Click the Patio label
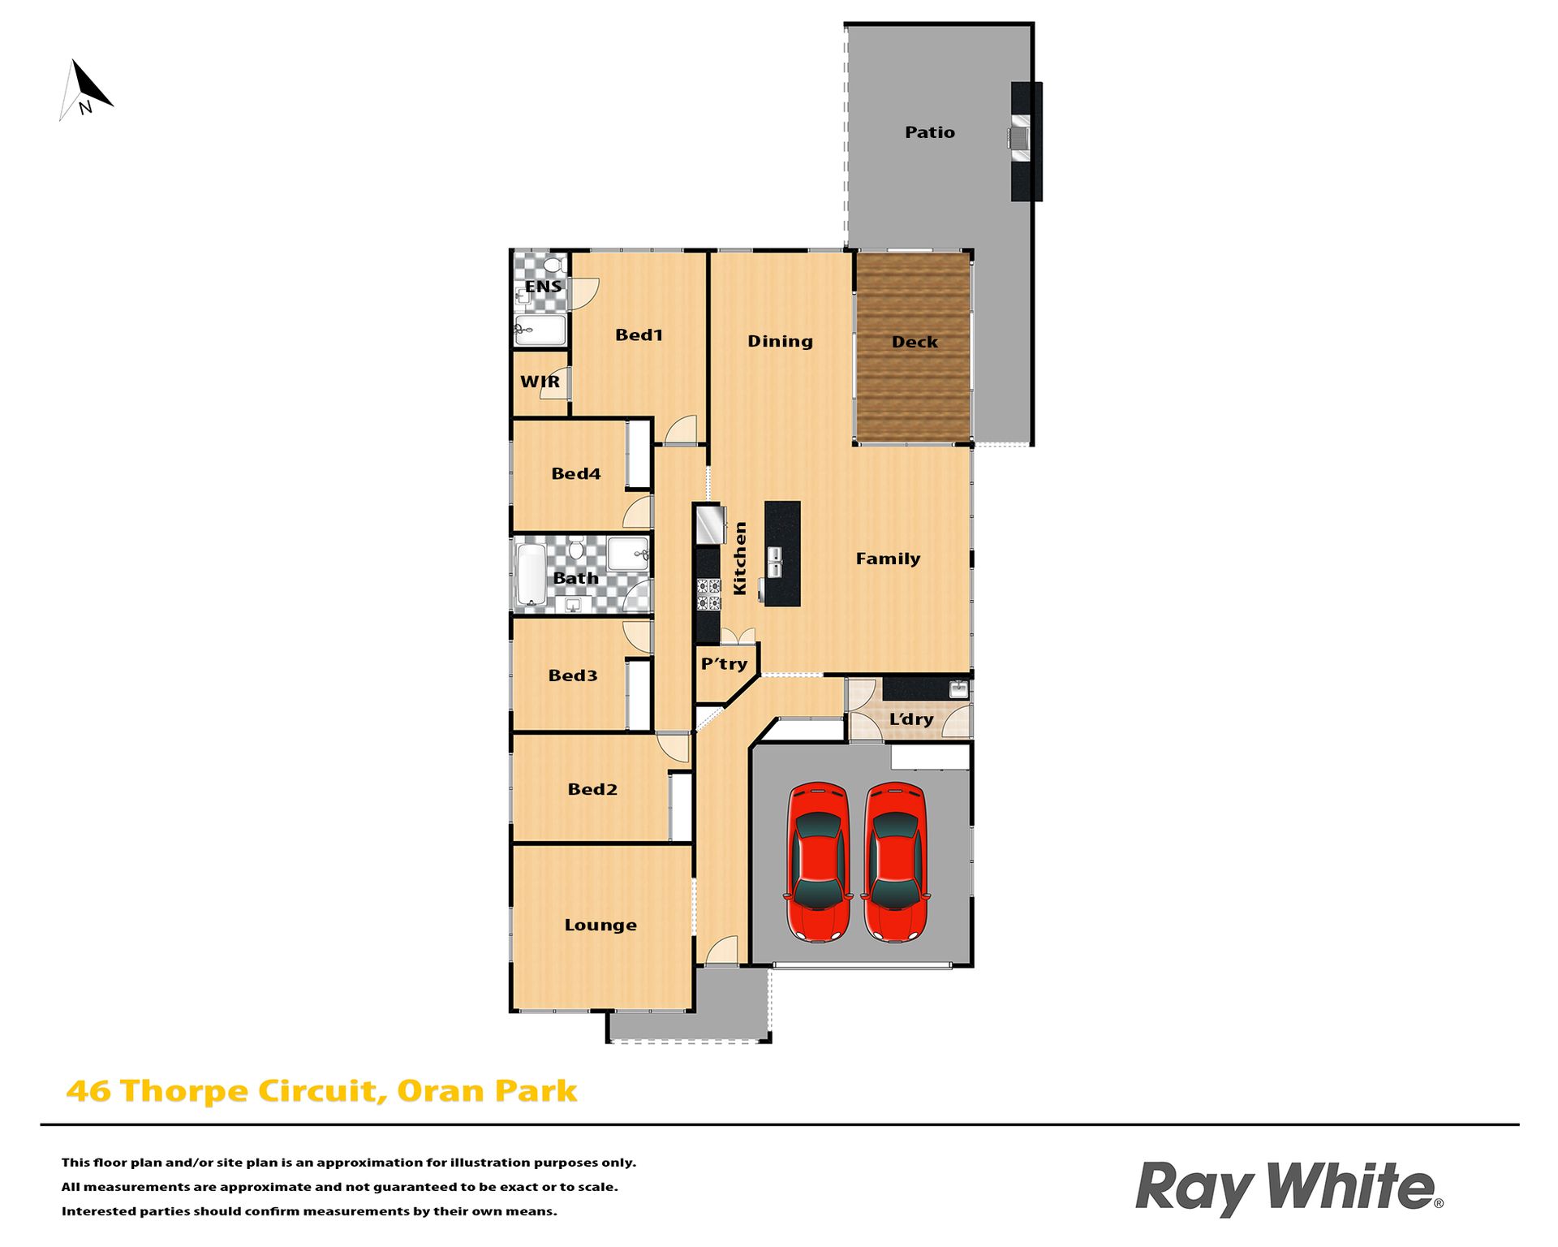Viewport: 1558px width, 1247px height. point(930,132)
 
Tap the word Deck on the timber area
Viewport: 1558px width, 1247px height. point(915,342)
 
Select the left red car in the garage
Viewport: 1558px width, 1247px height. point(818,861)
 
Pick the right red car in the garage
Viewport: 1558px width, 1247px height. point(895,861)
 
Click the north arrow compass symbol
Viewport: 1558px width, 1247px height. point(86,90)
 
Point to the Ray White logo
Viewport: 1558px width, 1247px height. point(1289,1188)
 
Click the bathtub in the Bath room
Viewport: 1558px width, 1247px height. point(532,575)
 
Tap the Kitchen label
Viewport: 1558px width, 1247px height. point(739,558)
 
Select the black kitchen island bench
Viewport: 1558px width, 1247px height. point(782,554)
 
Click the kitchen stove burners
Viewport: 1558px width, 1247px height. point(708,594)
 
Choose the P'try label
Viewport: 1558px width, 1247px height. point(724,664)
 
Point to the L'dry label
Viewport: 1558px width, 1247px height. point(911,719)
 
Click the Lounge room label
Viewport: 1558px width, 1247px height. point(600,926)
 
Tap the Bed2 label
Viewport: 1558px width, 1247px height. point(592,789)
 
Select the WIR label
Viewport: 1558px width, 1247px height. point(540,382)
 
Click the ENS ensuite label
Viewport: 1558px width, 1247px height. point(543,287)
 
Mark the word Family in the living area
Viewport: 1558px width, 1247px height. point(888,559)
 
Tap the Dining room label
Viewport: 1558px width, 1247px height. point(780,341)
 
